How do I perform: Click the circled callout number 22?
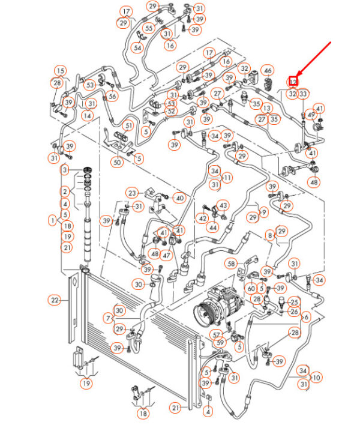pos(55,300)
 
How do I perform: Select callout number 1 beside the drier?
pos(52,222)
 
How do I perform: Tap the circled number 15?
pos(61,71)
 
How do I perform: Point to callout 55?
pos(149,28)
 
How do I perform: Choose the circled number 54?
pos(137,48)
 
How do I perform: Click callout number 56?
pos(112,97)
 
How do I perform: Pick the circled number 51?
pos(128,125)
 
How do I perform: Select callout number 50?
pos(117,163)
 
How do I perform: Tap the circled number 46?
pos(268,71)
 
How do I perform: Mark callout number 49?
pos(311,115)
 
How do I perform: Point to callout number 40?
pos(179,197)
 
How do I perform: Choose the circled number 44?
pos(212,228)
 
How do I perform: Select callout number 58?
pos(232,264)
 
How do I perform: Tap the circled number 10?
pos(316,377)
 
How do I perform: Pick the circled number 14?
pos(89,116)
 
